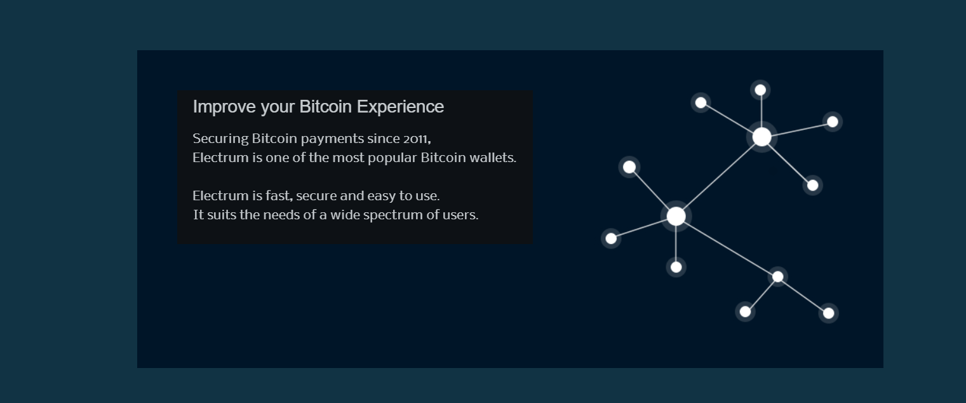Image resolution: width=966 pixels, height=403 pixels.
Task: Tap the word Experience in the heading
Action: [400, 107]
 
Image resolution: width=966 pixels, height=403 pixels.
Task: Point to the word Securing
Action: [220, 139]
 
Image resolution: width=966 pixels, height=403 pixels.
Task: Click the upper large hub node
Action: [761, 137]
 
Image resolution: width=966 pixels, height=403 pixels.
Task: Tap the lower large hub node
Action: [676, 216]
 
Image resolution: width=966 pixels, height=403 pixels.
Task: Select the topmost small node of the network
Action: [760, 90]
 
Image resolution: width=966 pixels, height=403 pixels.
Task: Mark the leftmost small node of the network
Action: [611, 238]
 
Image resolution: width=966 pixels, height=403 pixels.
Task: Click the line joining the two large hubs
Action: [719, 177]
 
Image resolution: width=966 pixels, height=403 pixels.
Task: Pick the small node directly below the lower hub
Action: [676, 267]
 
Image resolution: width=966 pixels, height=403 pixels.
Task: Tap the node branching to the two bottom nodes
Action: [777, 277]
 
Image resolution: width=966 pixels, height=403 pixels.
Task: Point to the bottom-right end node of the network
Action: [828, 313]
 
